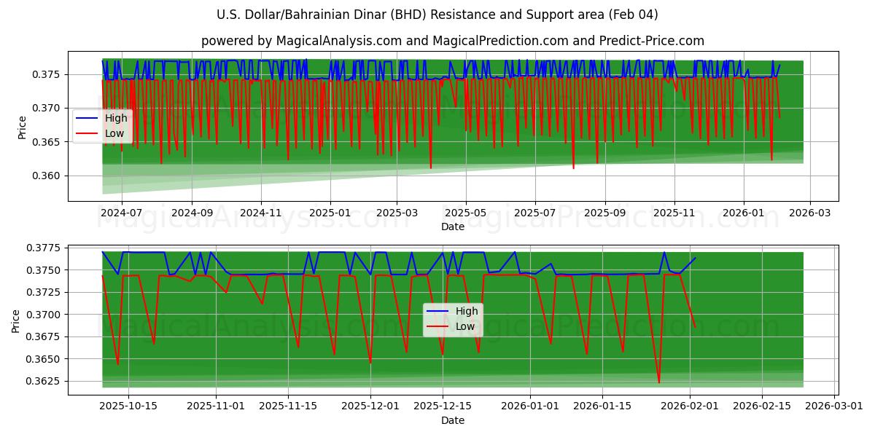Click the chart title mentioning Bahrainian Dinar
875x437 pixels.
437,15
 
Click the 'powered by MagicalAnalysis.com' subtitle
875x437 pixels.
452,41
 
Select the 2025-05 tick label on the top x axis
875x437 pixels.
465,213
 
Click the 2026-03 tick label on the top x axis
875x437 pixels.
809,213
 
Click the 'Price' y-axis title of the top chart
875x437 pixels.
22,127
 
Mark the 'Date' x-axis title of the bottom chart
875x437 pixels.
452,420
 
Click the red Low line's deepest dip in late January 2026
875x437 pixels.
659,382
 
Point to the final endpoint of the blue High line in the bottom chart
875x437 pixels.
695,258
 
